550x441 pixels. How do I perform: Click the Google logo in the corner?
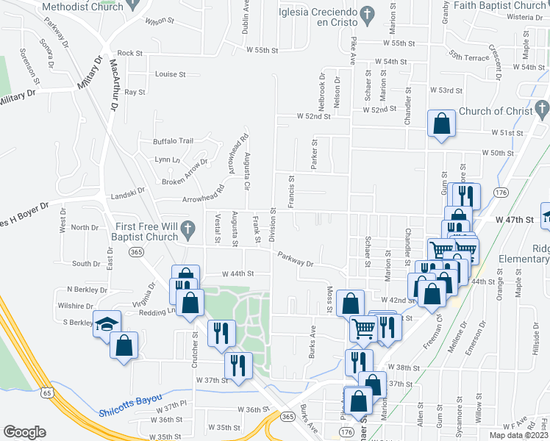(x=24, y=432)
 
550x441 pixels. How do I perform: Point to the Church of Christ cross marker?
(x=542, y=112)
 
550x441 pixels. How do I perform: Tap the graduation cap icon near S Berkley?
(x=107, y=323)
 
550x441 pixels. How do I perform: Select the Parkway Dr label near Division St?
(x=296, y=259)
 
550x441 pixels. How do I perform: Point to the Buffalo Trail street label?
(x=173, y=141)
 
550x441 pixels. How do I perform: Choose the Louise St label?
(x=171, y=74)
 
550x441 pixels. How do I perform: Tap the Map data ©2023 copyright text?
(x=515, y=434)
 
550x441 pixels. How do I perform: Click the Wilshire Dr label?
(x=78, y=306)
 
